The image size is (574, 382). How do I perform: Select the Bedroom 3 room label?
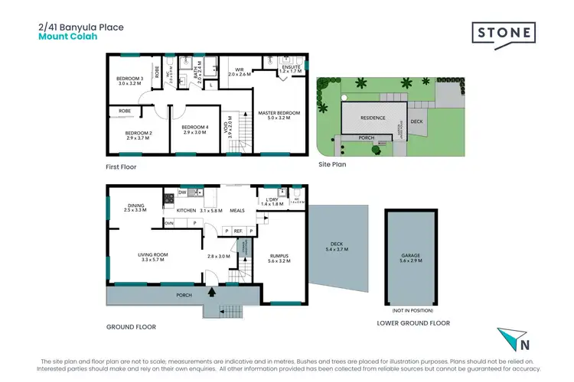coord(129,82)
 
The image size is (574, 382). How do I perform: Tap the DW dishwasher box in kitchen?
coord(183,193)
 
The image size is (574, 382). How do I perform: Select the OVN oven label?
coord(168,223)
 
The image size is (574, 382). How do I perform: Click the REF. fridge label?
coord(238,230)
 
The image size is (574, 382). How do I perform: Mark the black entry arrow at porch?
coord(212,292)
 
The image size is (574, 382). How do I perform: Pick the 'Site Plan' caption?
coord(333,164)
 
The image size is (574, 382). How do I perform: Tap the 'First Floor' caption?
coord(121,166)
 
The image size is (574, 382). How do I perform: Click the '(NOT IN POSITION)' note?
coord(411,311)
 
